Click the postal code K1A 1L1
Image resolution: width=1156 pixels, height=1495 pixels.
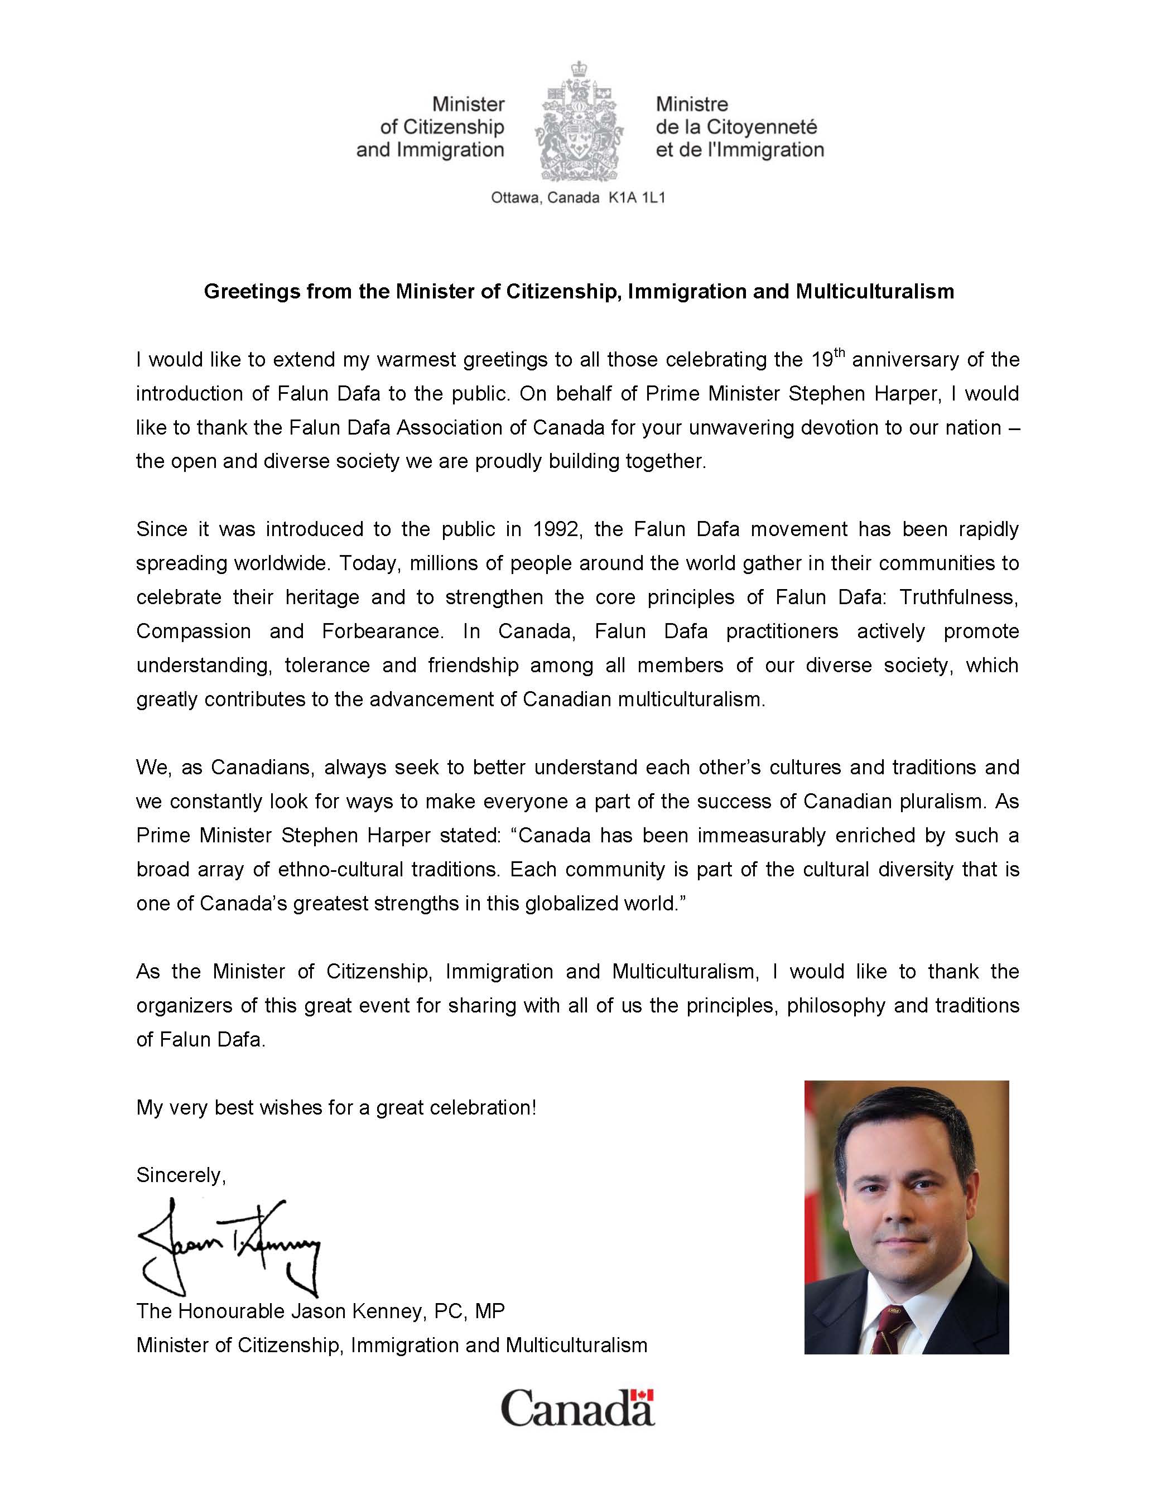point(637,199)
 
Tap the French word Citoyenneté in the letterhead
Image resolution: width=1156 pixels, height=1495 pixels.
point(762,127)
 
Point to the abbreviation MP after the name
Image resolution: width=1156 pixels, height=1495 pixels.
point(489,1311)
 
